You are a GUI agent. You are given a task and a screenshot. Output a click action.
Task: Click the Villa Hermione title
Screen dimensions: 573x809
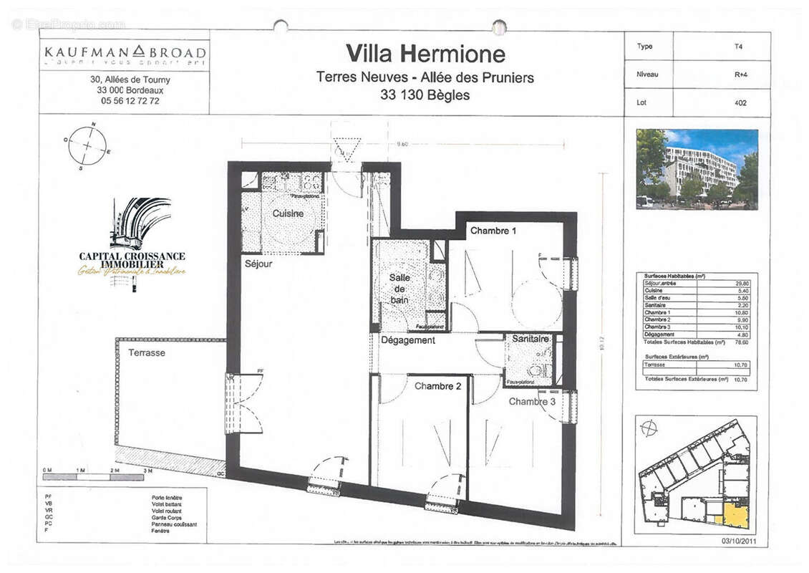pos(425,54)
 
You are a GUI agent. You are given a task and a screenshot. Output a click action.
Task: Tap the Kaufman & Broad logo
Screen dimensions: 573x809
pos(125,53)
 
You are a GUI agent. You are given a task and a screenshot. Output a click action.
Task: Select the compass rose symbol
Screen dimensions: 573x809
pos(87,145)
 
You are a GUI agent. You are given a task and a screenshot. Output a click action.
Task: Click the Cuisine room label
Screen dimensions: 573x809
pos(287,213)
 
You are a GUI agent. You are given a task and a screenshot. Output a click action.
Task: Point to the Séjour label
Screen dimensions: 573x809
pos(258,264)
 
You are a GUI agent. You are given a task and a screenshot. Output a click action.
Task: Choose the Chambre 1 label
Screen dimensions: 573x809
pos(493,231)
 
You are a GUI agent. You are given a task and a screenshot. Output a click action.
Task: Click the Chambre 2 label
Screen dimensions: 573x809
pos(437,386)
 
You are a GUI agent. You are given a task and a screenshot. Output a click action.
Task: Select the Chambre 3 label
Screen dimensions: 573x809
pos(532,402)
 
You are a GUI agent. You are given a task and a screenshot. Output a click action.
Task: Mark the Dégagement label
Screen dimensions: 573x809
pos(407,341)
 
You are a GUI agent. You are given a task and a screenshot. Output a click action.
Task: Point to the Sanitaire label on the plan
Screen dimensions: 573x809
pos(531,339)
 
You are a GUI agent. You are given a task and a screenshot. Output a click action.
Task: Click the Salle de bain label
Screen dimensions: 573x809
pos(399,289)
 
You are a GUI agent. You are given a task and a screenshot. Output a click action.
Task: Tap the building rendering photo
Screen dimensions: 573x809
pos(696,169)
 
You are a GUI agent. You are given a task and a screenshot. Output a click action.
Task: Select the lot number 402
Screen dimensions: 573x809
pos(740,102)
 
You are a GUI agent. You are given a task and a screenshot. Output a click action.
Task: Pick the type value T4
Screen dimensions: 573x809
pos(739,47)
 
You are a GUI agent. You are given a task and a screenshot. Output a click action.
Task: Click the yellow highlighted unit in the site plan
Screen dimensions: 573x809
pos(735,516)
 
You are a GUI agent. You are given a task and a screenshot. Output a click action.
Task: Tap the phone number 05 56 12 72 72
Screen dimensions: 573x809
pos(130,102)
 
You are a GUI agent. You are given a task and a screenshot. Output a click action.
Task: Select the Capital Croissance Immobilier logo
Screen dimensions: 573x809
pos(132,244)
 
